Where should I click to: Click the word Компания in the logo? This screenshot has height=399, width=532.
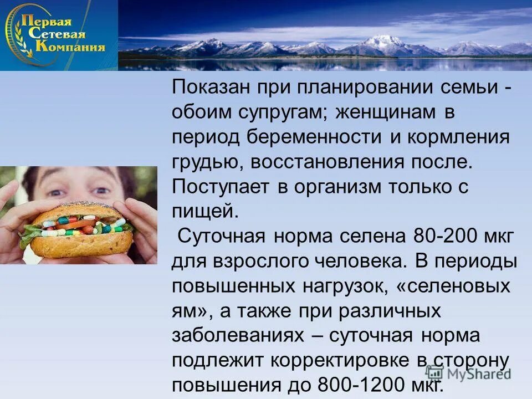click(x=70, y=47)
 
